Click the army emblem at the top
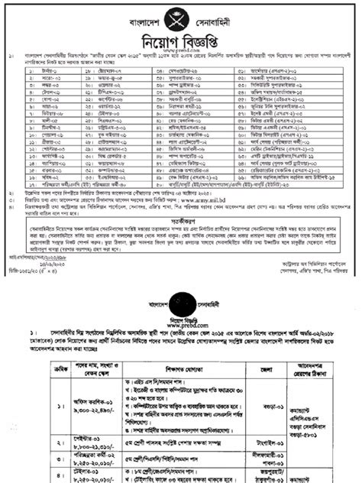click(180, 14)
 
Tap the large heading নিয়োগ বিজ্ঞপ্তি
click(180, 38)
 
